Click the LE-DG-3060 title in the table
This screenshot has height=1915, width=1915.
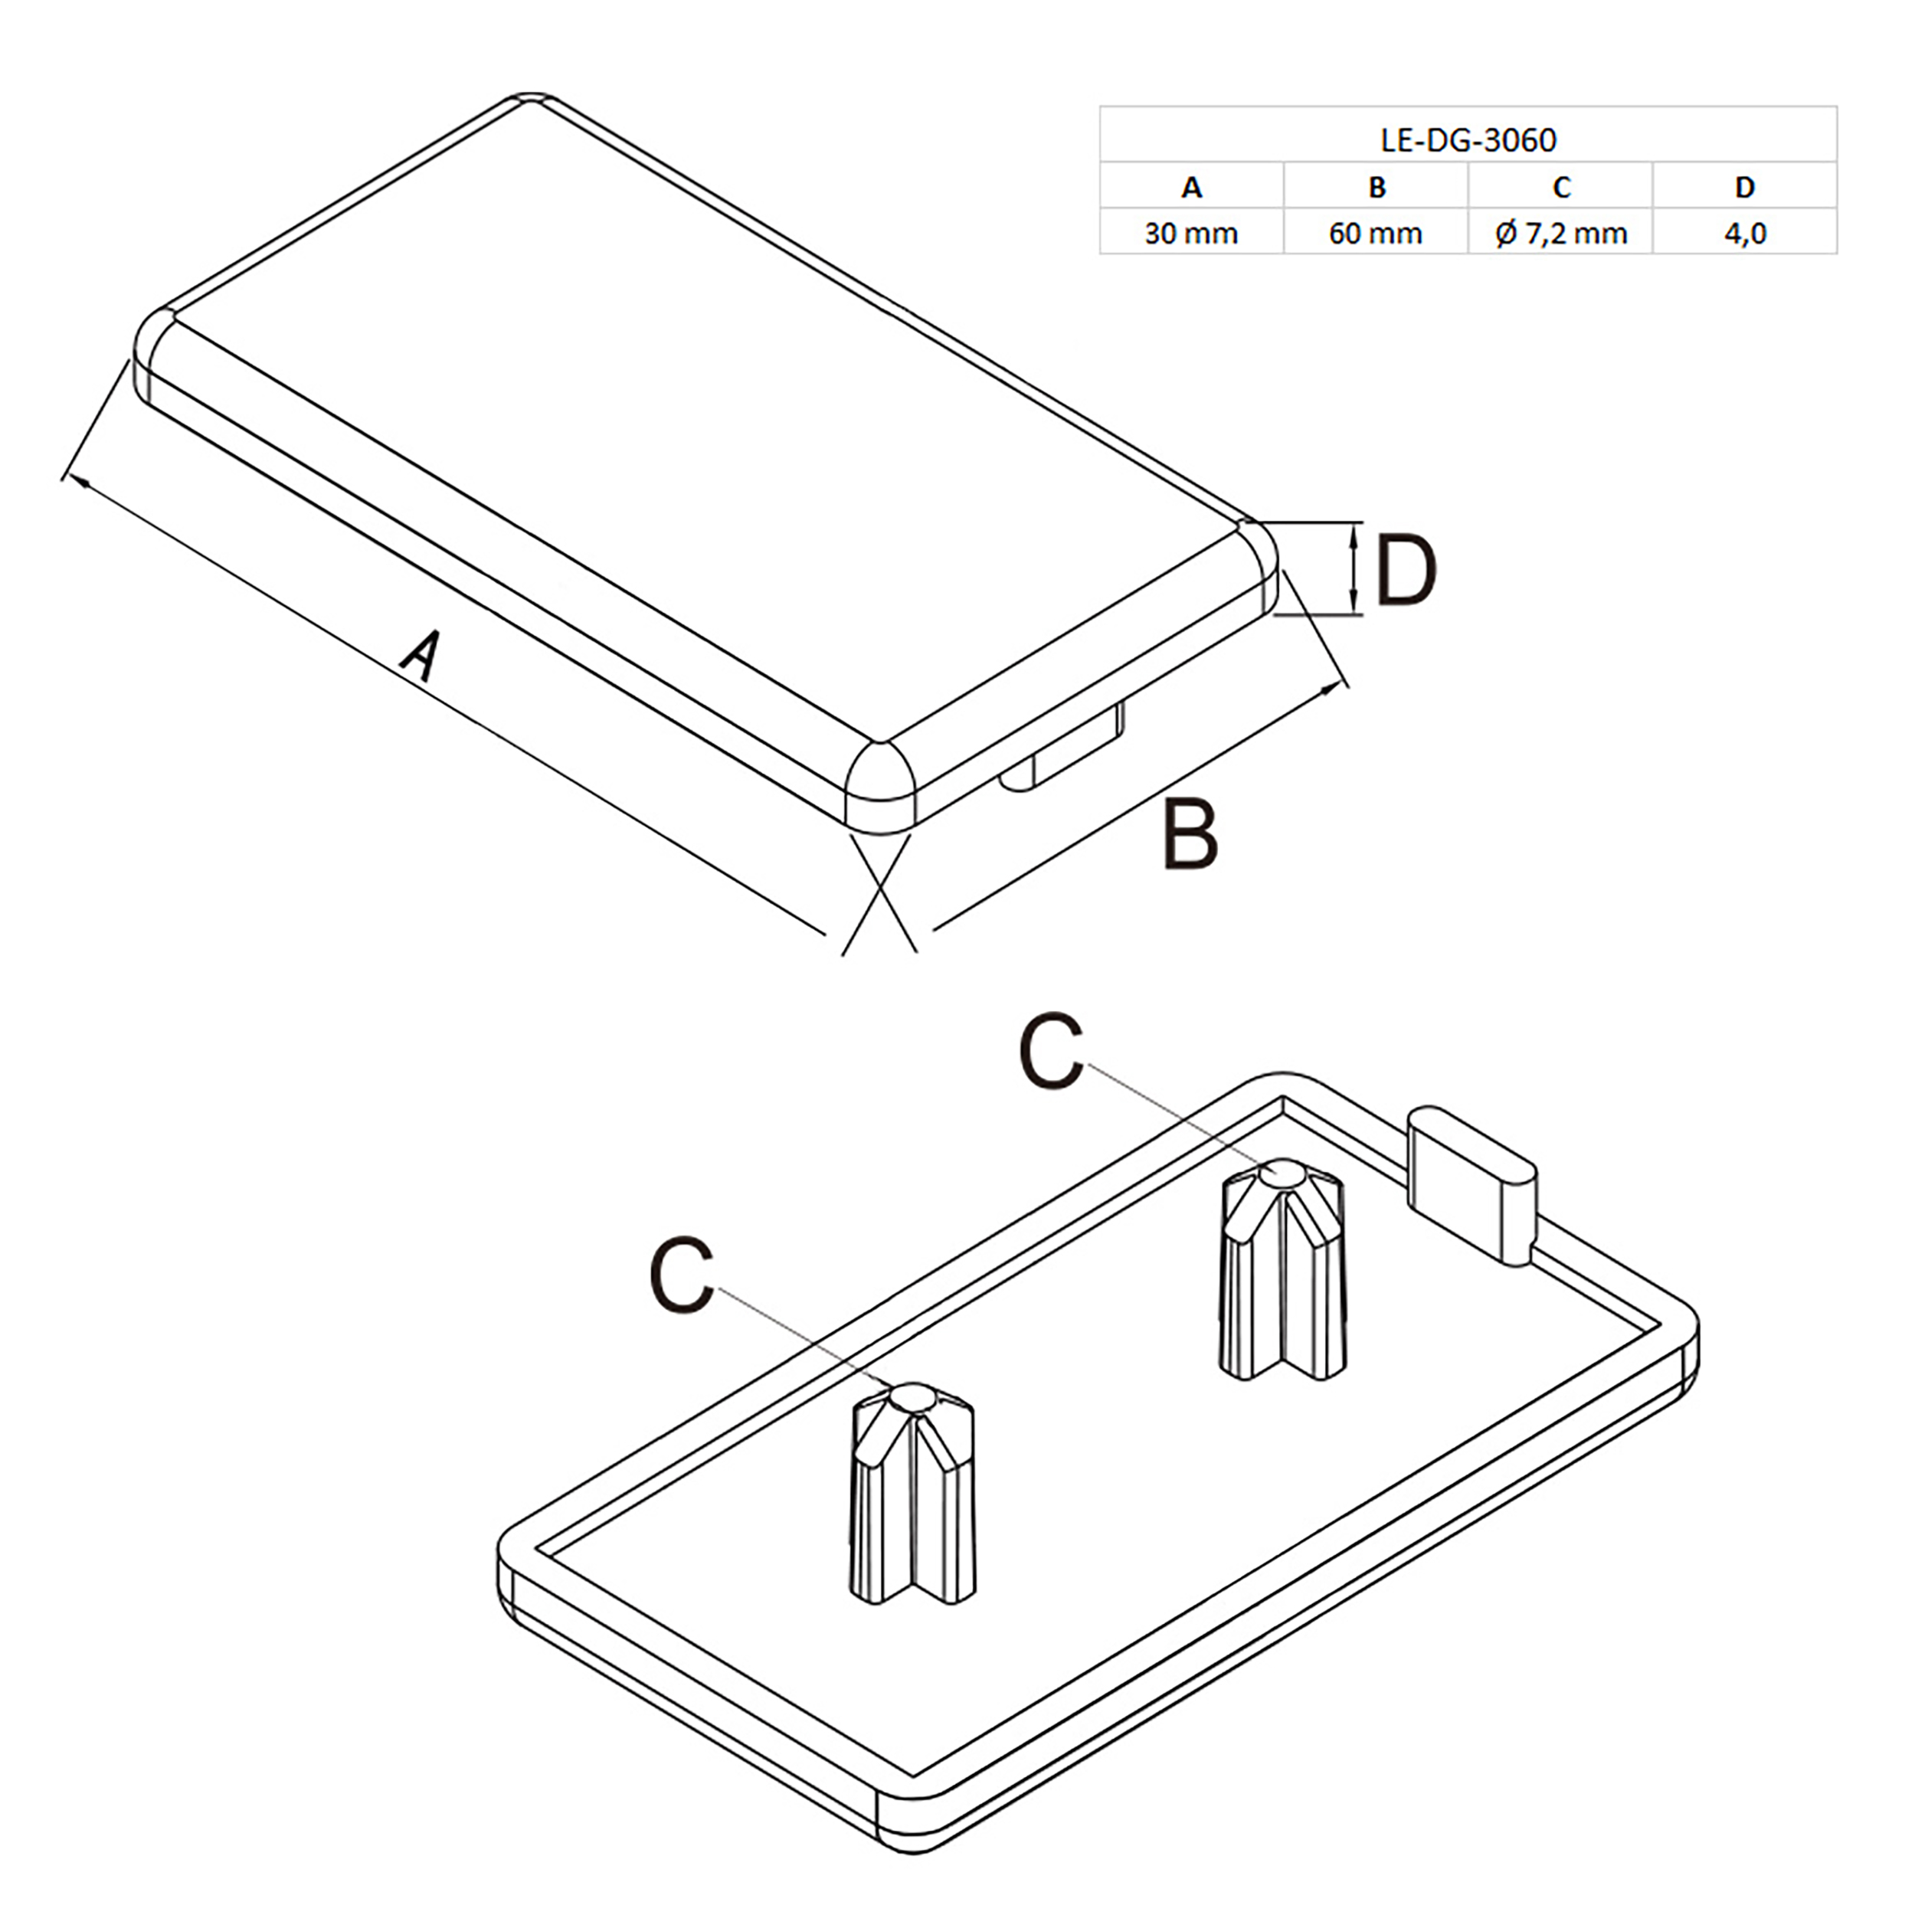tap(1468, 139)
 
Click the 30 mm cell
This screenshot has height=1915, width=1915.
tap(1191, 234)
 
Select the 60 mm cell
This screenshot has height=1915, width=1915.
tap(1376, 234)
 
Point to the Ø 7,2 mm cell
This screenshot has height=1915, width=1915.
tap(1561, 234)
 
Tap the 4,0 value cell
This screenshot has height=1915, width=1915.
tap(1744, 234)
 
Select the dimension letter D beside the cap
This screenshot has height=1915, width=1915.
tap(1406, 572)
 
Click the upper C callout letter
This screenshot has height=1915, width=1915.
tap(1051, 1052)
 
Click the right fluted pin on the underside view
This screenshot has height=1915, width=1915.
tap(1282, 1272)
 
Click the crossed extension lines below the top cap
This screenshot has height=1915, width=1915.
tap(879, 893)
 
